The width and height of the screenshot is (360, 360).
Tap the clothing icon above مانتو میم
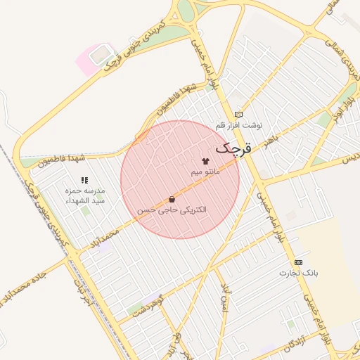(205, 161)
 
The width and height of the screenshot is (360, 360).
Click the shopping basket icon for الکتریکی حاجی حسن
(172, 200)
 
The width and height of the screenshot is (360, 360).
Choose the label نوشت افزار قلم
(238, 124)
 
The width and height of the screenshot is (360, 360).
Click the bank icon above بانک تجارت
(298, 262)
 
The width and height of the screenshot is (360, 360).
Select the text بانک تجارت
(299, 272)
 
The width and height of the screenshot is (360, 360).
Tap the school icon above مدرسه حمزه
(84, 180)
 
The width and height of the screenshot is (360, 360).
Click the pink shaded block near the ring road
(94, 58)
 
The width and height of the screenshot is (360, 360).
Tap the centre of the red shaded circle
(180, 180)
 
